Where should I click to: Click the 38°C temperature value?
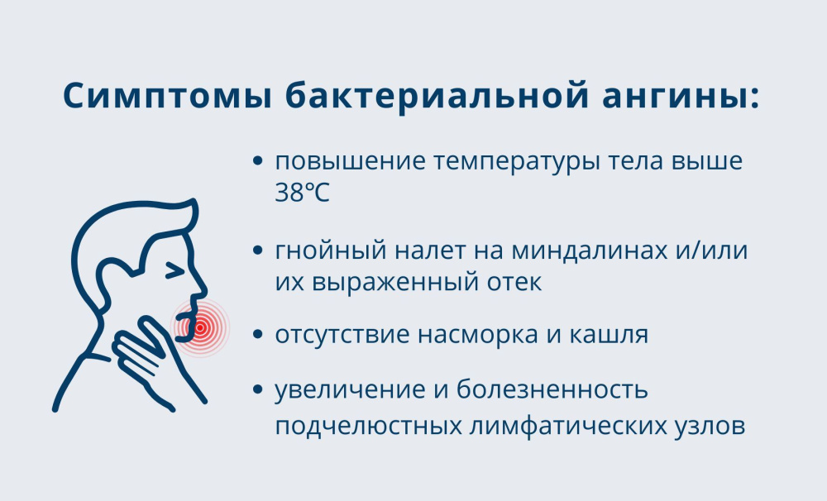pyautogui.click(x=302, y=193)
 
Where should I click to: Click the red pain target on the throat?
pyautogui.click(x=199, y=327)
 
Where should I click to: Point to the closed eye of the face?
pyautogui.click(x=174, y=269)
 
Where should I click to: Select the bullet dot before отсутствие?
pyautogui.click(x=260, y=336)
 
